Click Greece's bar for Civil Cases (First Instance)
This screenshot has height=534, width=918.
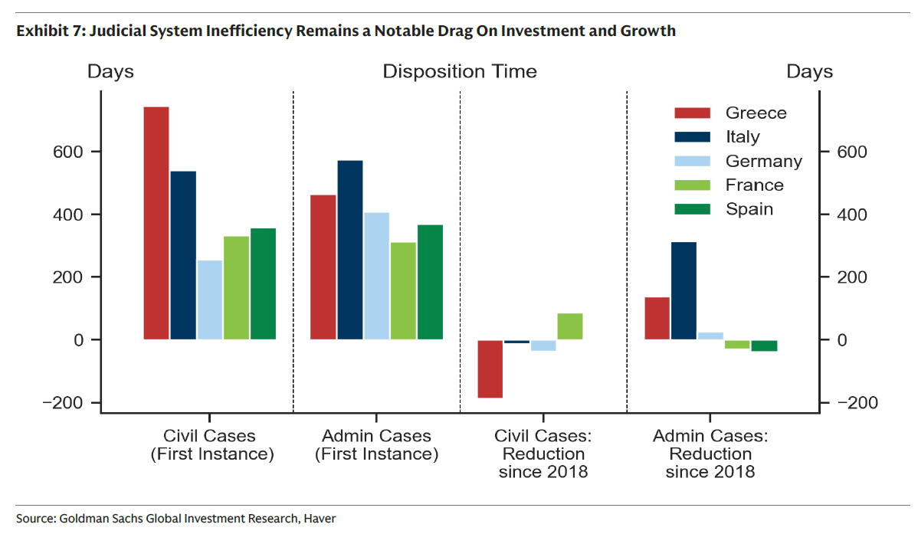point(156,223)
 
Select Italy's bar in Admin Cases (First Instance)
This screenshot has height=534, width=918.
point(349,250)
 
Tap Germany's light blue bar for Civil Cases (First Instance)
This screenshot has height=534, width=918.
point(210,300)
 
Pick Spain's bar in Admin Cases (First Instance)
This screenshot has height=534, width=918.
point(430,282)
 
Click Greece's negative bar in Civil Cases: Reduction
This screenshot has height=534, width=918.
point(490,369)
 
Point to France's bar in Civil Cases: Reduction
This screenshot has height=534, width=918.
point(569,326)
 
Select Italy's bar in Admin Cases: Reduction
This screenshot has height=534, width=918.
point(684,290)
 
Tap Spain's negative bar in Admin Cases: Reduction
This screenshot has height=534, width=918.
point(764,346)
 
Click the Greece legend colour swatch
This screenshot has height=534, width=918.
point(693,113)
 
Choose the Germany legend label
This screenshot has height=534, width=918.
point(763,162)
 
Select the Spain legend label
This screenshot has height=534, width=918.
point(749,209)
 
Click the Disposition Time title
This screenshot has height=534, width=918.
point(460,72)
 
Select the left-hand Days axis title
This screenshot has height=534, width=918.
point(110,72)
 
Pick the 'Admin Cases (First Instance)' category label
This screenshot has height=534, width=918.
point(376,445)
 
